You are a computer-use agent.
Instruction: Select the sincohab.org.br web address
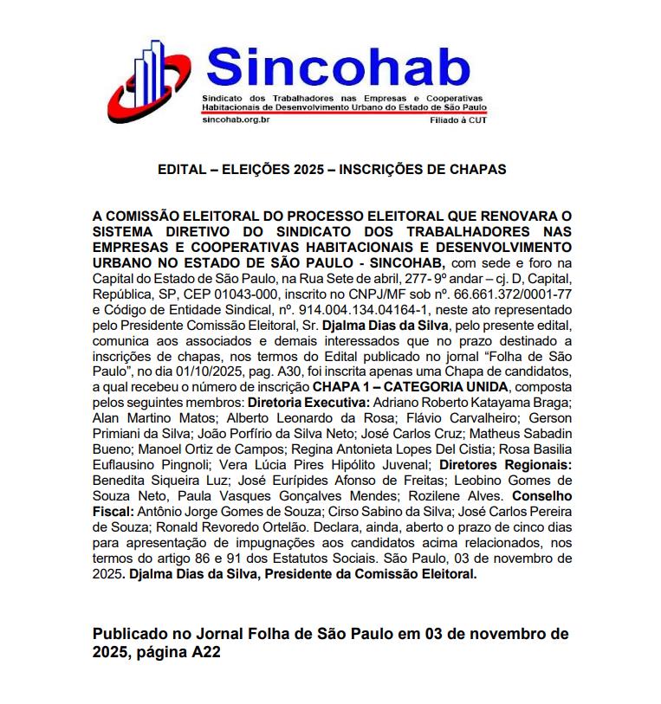pyautogui.click(x=236, y=120)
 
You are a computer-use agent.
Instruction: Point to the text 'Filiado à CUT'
pyautogui.click(x=459, y=121)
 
